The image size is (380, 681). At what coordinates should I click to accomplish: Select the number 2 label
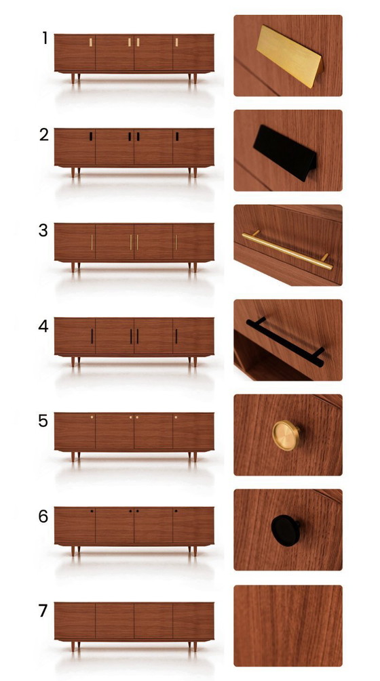[x=44, y=134]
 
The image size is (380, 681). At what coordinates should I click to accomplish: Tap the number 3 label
[x=43, y=230]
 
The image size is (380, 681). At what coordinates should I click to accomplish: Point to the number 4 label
[x=44, y=325]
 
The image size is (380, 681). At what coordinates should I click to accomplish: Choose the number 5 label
[x=43, y=421]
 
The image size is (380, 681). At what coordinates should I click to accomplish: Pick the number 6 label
[x=43, y=516]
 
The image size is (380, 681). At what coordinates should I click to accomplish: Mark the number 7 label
[x=43, y=611]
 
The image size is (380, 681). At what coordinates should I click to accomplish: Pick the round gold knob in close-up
[x=286, y=434]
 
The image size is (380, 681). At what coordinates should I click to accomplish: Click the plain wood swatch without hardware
[x=288, y=625]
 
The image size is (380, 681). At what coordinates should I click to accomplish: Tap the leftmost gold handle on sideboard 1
[x=91, y=43]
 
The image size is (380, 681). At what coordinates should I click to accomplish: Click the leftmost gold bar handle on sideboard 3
[x=92, y=242]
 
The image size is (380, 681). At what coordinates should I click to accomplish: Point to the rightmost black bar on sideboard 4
[x=176, y=336]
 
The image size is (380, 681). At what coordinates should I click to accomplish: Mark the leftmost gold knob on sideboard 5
[x=92, y=417]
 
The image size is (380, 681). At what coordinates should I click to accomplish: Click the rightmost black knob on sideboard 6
[x=176, y=512]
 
